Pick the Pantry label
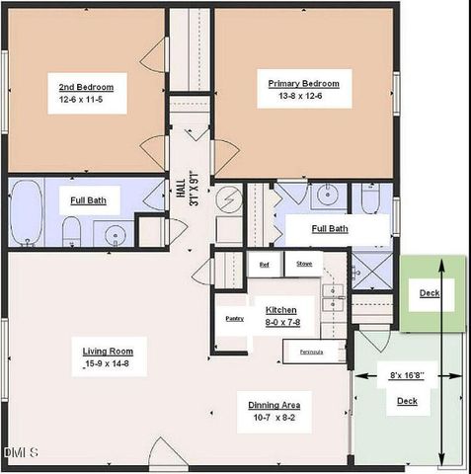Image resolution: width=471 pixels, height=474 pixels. pyautogui.click(x=234, y=318)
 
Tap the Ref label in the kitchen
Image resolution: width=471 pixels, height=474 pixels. pyautogui.click(x=264, y=264)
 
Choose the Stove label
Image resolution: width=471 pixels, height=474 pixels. pyautogui.click(x=304, y=264)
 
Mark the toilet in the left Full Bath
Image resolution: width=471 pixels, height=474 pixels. pyautogui.click(x=71, y=231)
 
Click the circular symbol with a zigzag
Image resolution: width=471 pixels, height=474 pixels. pyautogui.click(x=225, y=199)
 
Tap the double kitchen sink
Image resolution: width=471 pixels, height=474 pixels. pyautogui.click(x=336, y=292)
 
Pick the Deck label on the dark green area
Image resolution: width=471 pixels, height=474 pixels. pyautogui.click(x=430, y=293)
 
